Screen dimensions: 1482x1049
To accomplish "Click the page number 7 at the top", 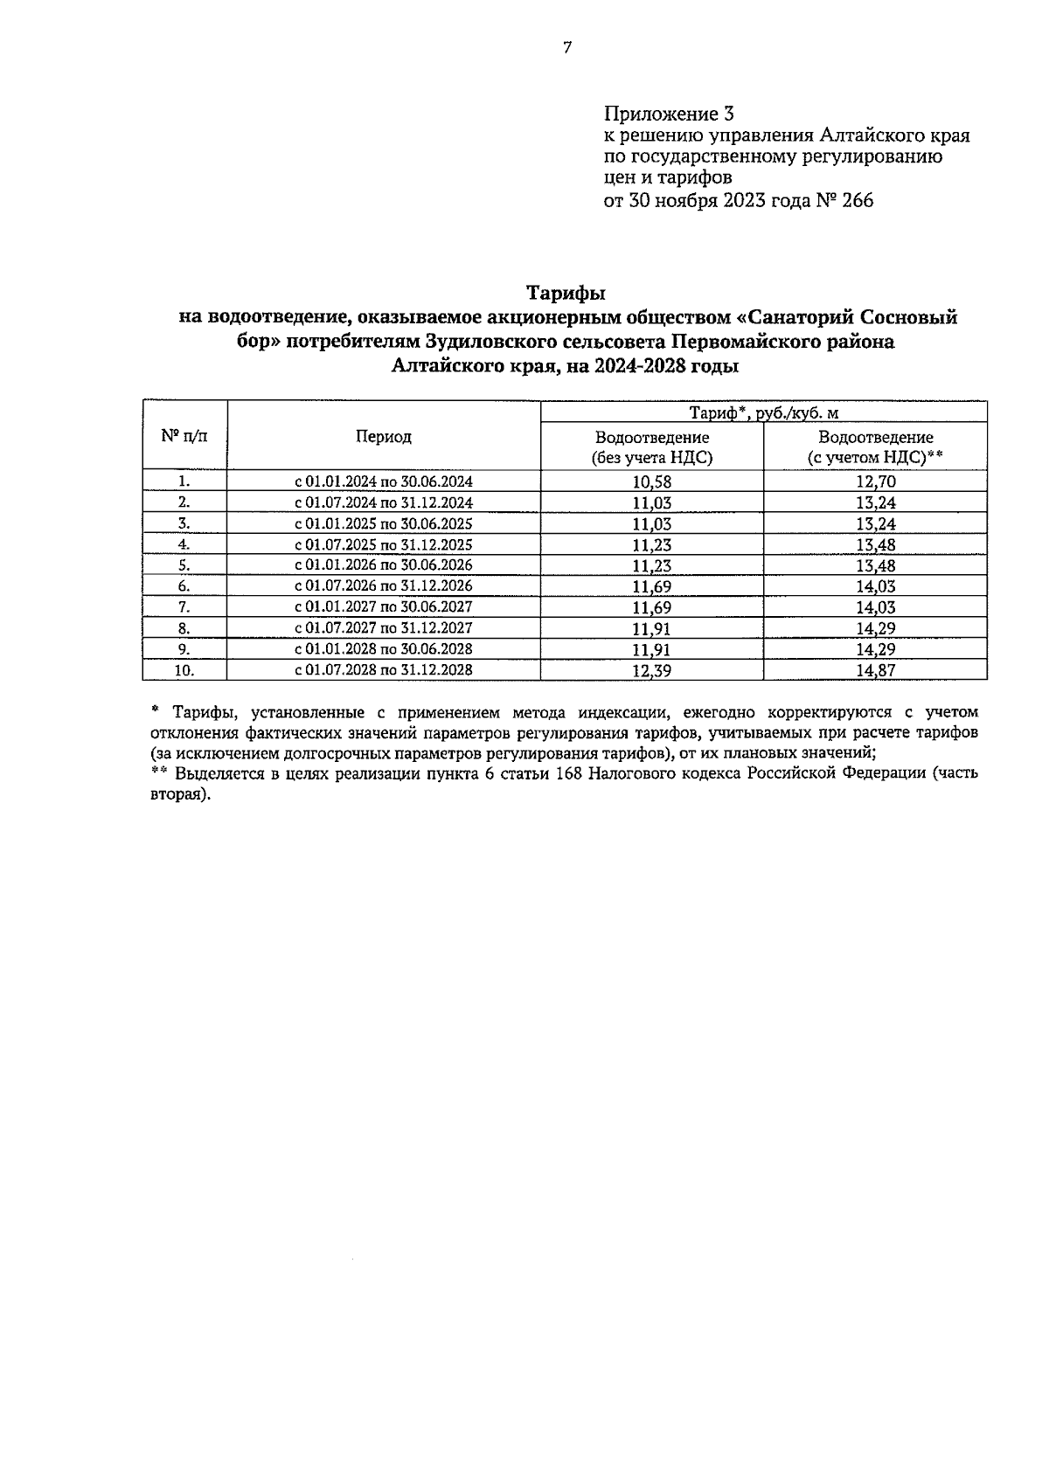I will coord(566,49).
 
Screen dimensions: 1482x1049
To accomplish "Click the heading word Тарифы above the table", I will coord(566,291).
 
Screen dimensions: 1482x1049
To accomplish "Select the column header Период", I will coord(383,437).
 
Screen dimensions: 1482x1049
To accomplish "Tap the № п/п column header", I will coord(184,436).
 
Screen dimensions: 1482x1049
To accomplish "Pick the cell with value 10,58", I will coord(651,481).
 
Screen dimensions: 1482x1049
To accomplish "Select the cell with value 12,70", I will coord(875,481).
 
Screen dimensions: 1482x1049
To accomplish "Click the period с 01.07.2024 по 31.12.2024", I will coord(383,502).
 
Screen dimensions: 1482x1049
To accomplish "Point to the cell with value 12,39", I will coord(651,670).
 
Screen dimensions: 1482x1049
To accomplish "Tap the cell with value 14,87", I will coord(875,670).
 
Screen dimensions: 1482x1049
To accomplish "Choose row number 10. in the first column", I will coord(184,670).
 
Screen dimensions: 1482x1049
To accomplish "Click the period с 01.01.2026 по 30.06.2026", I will coord(383,565).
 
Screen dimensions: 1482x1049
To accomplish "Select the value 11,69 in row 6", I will coord(651,586).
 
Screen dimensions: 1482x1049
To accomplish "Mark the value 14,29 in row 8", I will coord(875,628).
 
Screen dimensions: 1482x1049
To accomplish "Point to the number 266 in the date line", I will coord(857,201).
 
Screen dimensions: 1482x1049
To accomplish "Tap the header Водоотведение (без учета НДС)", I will coord(651,447).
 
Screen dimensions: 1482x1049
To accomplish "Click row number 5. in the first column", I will coord(184,565).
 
